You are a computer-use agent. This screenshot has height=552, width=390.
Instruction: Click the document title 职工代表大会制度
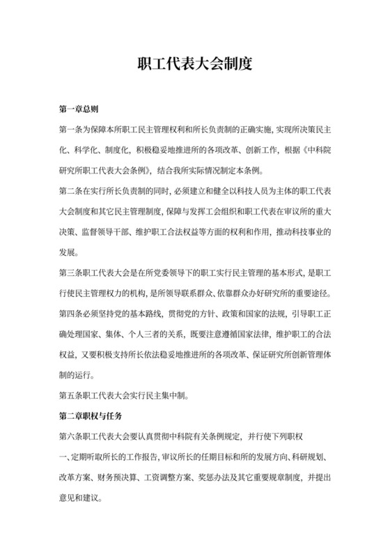pyautogui.click(x=194, y=64)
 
